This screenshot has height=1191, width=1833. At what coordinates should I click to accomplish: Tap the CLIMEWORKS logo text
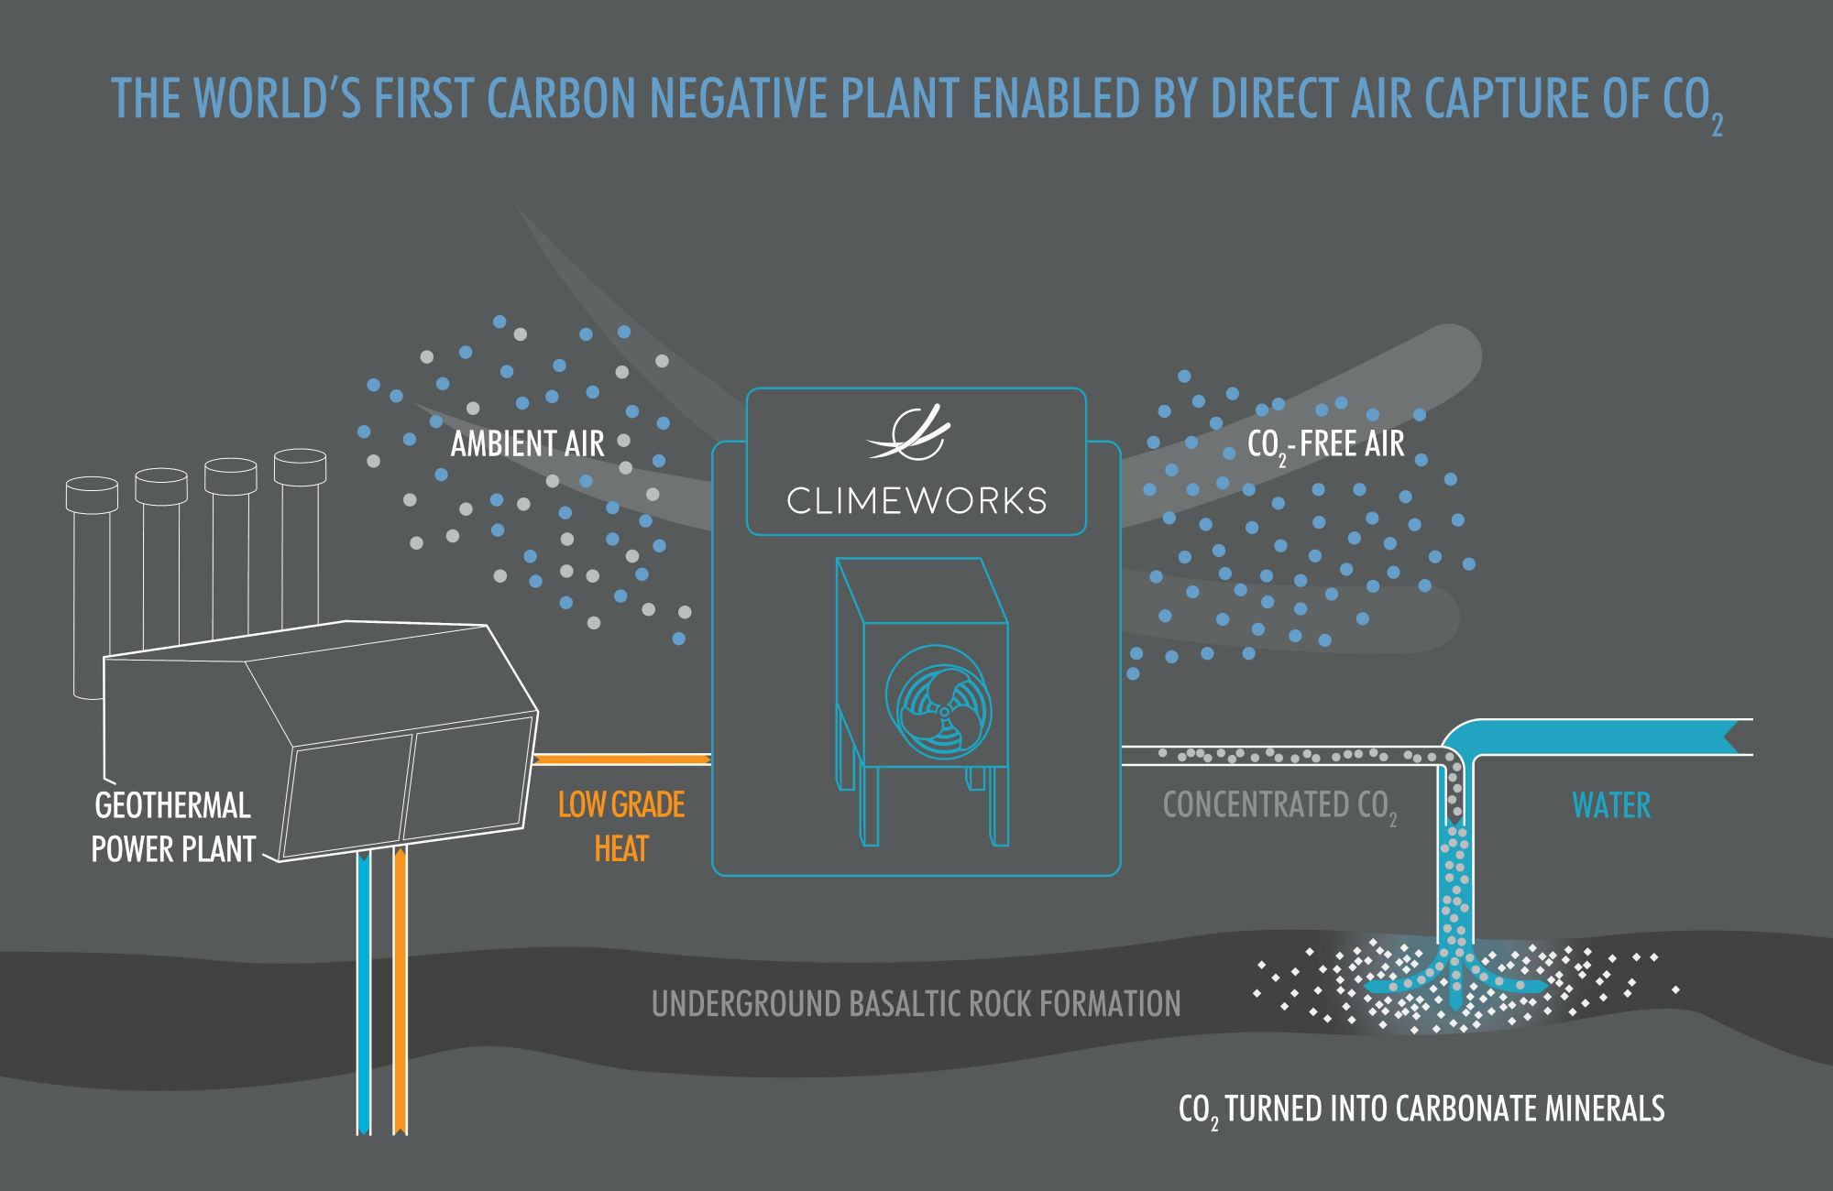pyautogui.click(x=916, y=501)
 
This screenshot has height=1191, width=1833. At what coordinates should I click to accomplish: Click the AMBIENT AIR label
pyautogui.click(x=527, y=444)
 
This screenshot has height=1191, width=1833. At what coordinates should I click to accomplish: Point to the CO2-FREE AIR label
pyautogui.click(x=1325, y=444)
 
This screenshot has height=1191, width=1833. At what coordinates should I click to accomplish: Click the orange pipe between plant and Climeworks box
pyautogui.click(x=621, y=759)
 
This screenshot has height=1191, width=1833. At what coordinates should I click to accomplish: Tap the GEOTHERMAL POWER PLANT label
pyautogui.click(x=172, y=827)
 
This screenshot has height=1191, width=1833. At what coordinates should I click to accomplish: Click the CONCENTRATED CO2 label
pyautogui.click(x=1279, y=805)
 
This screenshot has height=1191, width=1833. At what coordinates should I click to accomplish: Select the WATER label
pyautogui.click(x=1611, y=805)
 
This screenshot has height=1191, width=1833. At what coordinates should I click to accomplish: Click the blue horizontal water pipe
pyautogui.click(x=1604, y=737)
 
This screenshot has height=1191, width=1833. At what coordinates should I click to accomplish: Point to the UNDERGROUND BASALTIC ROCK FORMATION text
pyautogui.click(x=916, y=1004)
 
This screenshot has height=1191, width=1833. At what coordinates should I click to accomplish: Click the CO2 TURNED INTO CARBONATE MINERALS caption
pyautogui.click(x=1421, y=1109)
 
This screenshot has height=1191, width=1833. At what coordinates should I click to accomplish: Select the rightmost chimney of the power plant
pyautogui.click(x=300, y=541)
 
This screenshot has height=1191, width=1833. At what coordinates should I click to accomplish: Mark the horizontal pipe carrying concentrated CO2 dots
pyautogui.click(x=1283, y=756)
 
